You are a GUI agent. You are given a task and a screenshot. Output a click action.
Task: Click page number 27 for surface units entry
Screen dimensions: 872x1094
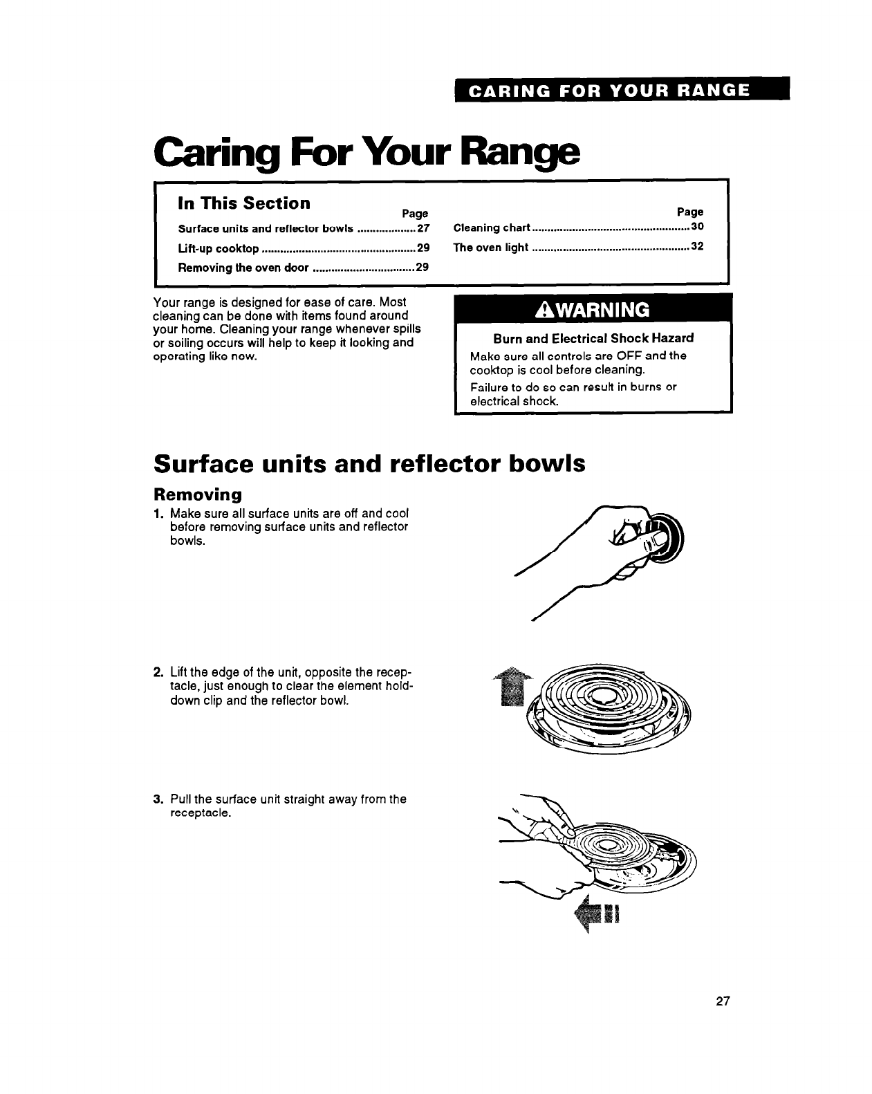[x=423, y=229]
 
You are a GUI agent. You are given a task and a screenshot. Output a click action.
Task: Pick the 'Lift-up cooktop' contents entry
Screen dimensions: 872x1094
[x=219, y=248]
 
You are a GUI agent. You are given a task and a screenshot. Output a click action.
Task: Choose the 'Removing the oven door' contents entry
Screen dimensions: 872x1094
[x=243, y=268]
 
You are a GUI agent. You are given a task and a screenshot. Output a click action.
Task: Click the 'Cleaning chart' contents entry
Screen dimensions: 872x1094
[x=491, y=228]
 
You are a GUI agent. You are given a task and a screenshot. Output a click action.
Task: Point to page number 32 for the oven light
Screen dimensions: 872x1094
[x=697, y=247]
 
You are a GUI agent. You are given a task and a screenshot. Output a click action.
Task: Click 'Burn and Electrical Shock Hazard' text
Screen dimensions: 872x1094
[x=593, y=338]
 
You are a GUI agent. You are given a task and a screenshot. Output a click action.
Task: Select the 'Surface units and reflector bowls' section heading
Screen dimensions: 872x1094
[x=369, y=463]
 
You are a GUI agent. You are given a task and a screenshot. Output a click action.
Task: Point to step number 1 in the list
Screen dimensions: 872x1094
[x=158, y=513]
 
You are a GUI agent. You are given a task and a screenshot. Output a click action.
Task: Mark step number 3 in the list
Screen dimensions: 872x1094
[x=158, y=799]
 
